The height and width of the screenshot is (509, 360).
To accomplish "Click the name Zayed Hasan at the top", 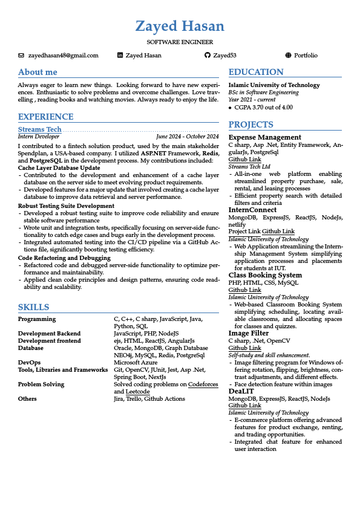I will [x=180, y=27].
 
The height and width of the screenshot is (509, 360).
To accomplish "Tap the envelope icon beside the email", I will [x=22, y=56].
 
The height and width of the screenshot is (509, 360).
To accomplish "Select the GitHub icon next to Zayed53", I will [x=208, y=56].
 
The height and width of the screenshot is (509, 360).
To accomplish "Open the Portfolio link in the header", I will [x=306, y=56].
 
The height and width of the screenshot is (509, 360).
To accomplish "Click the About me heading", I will [x=38, y=72].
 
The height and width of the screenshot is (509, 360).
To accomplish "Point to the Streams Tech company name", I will [x=40, y=129].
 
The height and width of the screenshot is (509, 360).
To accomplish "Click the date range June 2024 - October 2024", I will [x=187, y=137].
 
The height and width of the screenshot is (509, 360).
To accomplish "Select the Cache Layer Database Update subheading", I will [x=59, y=167].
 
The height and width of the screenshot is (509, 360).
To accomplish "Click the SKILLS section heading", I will [x=34, y=307].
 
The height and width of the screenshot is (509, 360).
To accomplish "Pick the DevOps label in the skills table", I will [x=29, y=362].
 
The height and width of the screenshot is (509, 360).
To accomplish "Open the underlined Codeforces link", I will [x=203, y=384].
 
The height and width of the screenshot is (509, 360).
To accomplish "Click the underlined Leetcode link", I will [x=137, y=392].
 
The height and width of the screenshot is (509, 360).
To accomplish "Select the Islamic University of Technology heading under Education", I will [x=274, y=85].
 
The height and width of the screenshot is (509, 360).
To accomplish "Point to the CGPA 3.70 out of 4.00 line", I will [x=264, y=107].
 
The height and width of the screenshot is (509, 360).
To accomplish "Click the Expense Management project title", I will [x=264, y=137].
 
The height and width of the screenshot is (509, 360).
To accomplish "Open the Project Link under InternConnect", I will [x=244, y=232].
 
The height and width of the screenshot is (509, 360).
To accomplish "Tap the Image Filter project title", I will [x=248, y=333].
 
